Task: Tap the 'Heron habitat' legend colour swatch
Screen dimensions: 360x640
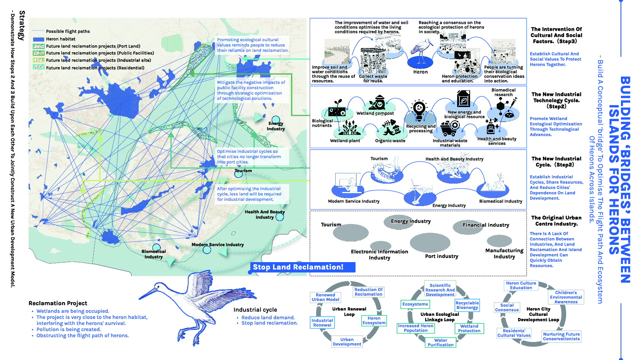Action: click(39, 39)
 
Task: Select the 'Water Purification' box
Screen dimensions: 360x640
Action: click(440, 342)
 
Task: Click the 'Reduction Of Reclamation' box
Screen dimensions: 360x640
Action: click(368, 292)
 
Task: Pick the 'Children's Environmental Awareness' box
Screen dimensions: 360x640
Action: click(566, 297)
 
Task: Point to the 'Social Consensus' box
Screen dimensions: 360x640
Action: click(507, 307)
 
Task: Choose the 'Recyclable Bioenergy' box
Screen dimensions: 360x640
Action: click(467, 305)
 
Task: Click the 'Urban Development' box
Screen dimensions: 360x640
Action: click(347, 342)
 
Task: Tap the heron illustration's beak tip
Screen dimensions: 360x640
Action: click(140, 298)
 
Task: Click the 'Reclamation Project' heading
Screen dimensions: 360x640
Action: click(58, 303)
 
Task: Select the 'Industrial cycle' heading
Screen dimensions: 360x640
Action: click(255, 310)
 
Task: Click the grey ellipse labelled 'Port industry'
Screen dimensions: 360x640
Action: click(430, 243)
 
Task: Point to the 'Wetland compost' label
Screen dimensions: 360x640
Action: click(375, 113)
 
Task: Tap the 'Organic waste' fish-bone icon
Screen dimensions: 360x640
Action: click(389, 128)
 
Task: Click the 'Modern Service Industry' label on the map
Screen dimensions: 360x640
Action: click(218, 245)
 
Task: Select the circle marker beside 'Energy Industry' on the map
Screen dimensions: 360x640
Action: click(276, 120)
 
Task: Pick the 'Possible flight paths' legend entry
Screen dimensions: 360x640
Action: click(68, 31)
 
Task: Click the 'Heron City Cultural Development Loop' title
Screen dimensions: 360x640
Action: click(538, 314)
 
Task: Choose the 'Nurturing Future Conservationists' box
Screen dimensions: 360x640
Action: click(561, 336)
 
